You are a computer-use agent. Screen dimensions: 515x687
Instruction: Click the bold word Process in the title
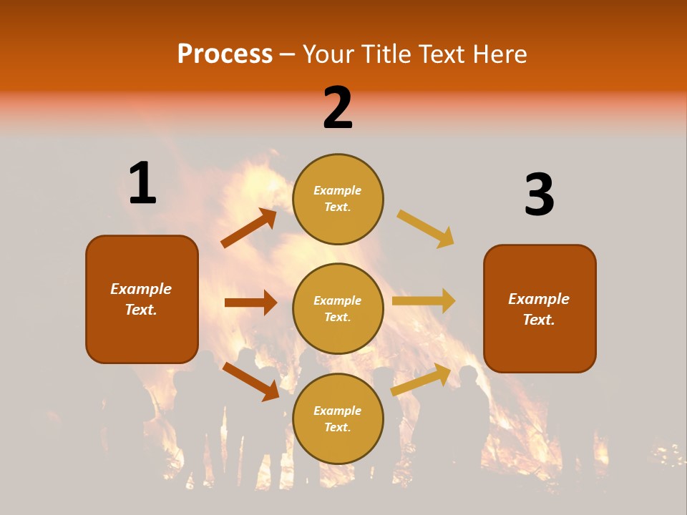225,54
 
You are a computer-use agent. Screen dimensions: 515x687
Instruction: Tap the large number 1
142,183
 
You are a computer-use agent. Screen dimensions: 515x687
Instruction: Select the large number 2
338,108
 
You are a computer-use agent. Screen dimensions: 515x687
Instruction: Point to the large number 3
540,195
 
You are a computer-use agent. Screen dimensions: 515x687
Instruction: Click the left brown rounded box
142,299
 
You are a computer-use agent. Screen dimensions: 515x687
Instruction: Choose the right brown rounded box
540,309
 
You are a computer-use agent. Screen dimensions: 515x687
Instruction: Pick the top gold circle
338,199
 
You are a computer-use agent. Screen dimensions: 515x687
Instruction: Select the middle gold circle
338,309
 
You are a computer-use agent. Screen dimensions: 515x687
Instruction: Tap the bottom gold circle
338,419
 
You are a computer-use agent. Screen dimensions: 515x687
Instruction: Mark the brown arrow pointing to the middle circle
250,303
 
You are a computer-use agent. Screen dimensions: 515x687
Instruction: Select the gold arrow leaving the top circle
426,229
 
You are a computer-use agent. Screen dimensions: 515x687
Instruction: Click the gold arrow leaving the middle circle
424,300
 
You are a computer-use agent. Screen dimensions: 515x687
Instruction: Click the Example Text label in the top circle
338,199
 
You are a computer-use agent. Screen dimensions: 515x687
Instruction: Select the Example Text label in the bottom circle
338,419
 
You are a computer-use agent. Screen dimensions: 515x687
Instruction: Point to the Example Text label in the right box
540,309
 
